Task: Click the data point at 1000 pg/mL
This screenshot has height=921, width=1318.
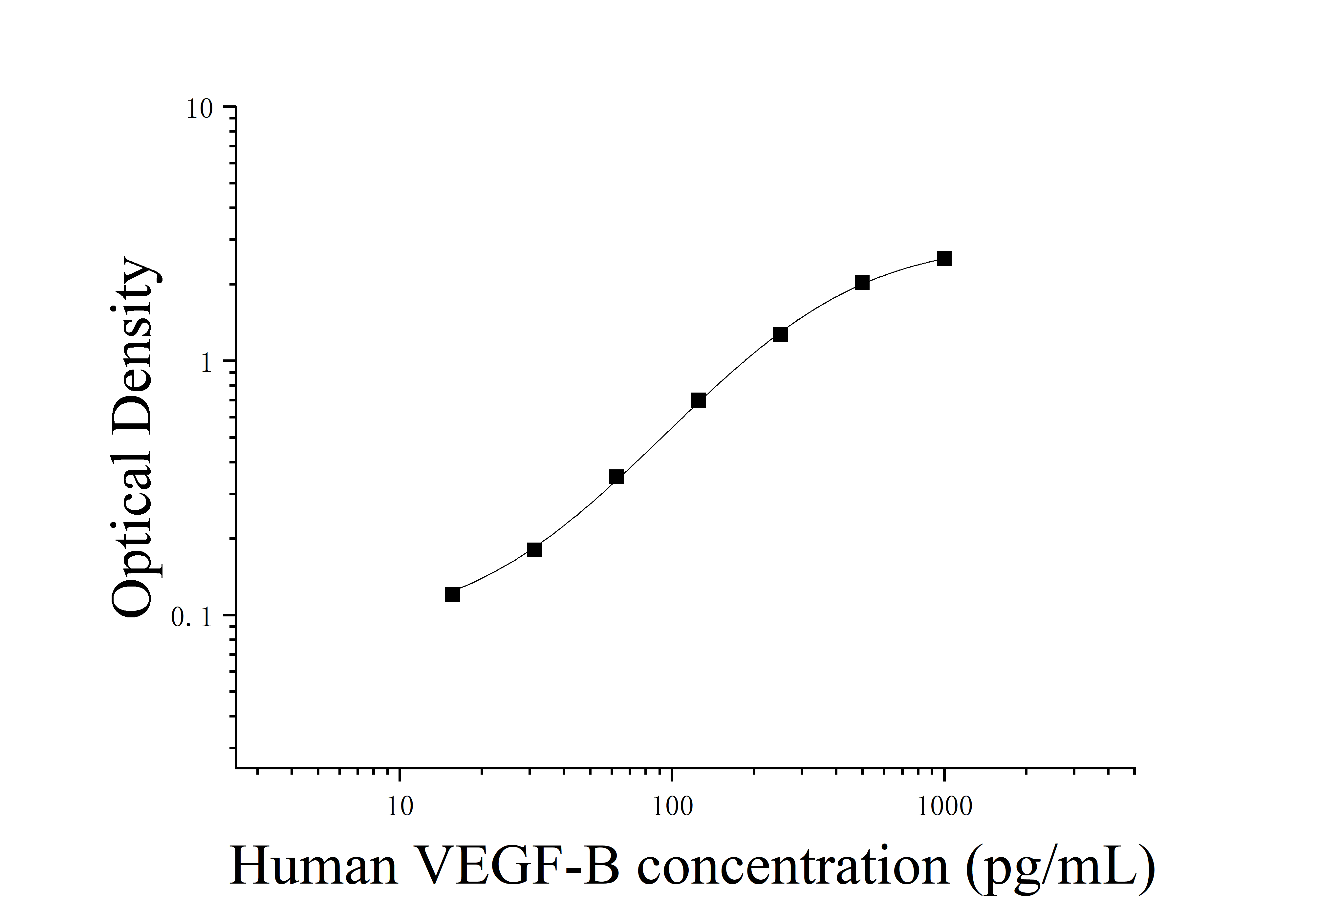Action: pyautogui.click(x=944, y=259)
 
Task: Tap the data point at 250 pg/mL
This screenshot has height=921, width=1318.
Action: pyautogui.click(x=780, y=334)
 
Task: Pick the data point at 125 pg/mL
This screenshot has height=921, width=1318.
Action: pyautogui.click(x=698, y=400)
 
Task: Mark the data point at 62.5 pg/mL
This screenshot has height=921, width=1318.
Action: pyautogui.click(x=616, y=477)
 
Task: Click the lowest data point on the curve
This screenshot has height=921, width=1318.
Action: pyautogui.click(x=452, y=595)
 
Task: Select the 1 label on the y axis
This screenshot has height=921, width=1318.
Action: pyautogui.click(x=207, y=363)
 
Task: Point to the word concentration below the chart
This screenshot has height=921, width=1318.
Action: pyautogui.click(x=792, y=867)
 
